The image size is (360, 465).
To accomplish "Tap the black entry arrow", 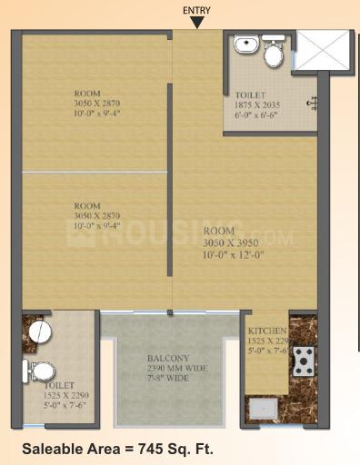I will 196,23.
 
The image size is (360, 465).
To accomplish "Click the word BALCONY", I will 168,358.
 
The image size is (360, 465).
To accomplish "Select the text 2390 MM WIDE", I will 168,369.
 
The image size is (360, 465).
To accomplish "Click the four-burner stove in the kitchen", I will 302,361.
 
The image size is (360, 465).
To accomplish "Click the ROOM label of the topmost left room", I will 87,93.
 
